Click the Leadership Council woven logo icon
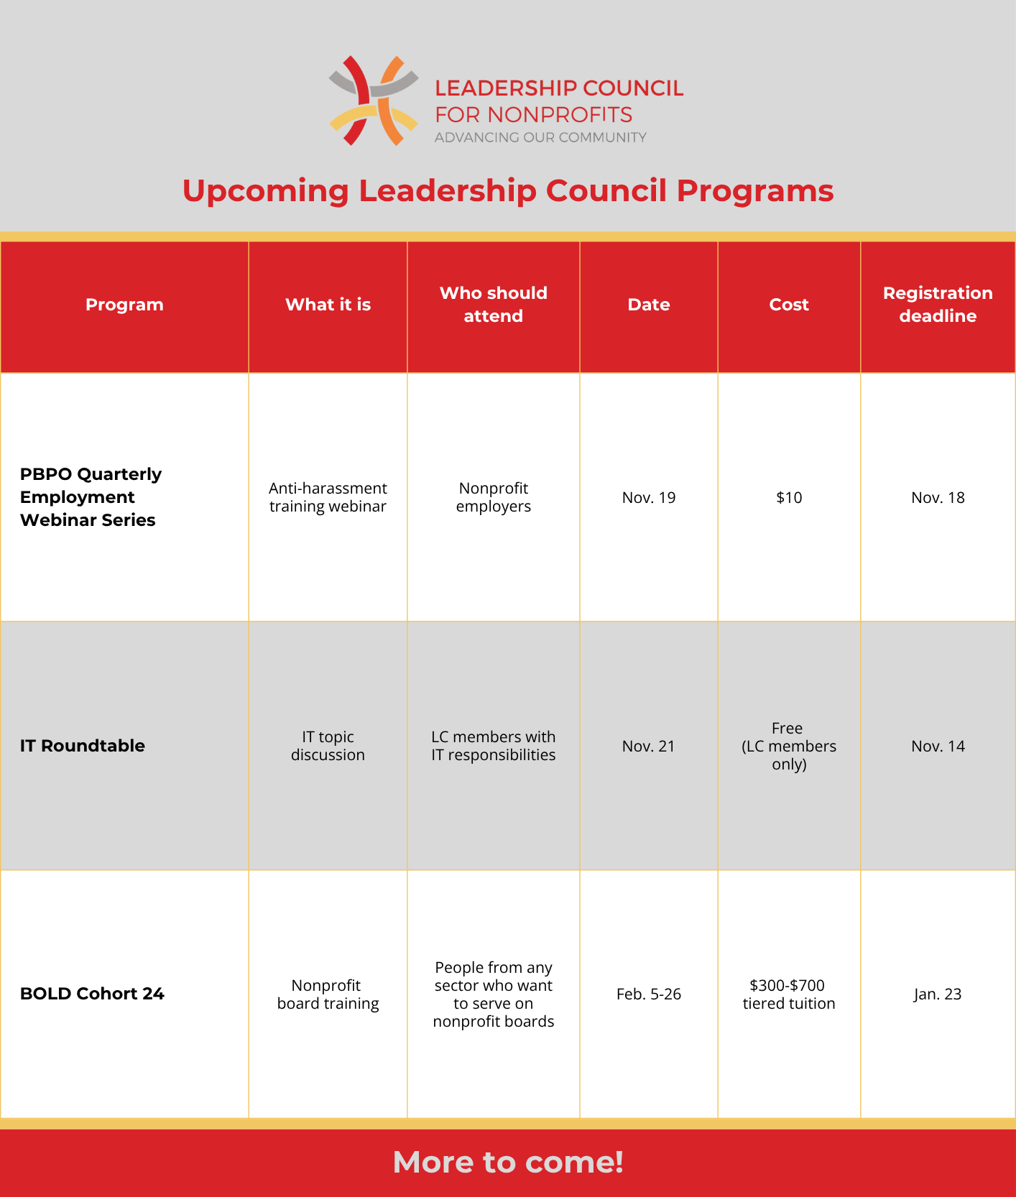373,101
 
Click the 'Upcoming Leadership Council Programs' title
507,191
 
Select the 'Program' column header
124,305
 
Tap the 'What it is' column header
328,305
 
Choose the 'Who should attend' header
493,305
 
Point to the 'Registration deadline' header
937,305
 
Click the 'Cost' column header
788,305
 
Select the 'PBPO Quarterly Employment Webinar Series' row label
91,497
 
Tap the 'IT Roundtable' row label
83,746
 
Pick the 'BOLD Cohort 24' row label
92,994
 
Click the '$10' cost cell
788,497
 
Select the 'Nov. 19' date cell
648,497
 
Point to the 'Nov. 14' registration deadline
937,746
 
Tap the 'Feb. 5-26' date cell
648,994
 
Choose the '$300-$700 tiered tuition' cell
788,994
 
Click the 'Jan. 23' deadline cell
937,994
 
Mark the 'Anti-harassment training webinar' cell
328,497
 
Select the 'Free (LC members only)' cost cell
788,746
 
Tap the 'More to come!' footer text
507,1162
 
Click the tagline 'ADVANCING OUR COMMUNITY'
540,137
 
